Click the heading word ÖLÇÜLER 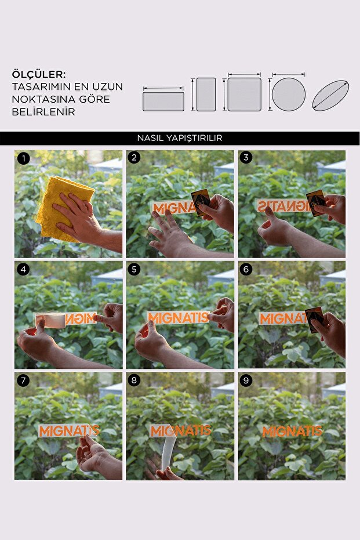(x=38, y=74)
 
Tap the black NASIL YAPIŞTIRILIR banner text (x=180, y=138)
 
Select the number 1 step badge (x=23, y=158)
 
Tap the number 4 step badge (x=23, y=269)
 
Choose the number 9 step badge (x=246, y=380)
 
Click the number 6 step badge (x=246, y=269)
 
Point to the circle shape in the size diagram (x=289, y=95)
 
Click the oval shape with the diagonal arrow (x=331, y=95)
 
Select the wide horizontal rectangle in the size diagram (x=163, y=102)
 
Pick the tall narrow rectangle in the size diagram (x=206, y=95)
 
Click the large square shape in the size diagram (x=245, y=95)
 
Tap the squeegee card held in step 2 (x=201, y=202)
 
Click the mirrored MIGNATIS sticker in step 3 (x=283, y=205)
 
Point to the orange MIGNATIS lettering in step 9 (x=292, y=431)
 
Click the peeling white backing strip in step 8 (x=169, y=451)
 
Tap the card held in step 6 (x=315, y=320)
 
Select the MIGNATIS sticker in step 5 (x=178, y=317)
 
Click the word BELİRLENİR (x=43, y=112)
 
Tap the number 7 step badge (x=23, y=380)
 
